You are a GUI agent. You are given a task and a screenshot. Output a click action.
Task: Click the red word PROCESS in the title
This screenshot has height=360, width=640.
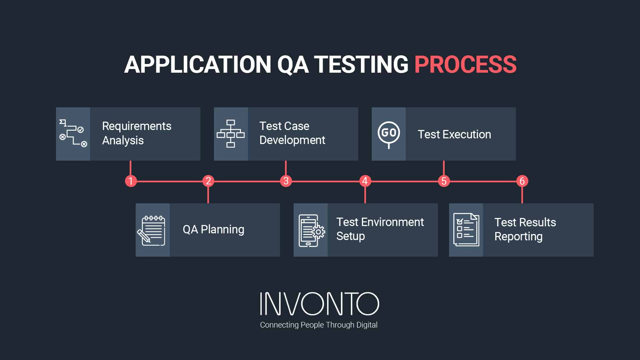coord(465,64)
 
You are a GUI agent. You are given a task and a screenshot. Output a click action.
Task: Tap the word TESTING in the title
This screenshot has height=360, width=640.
coord(361,64)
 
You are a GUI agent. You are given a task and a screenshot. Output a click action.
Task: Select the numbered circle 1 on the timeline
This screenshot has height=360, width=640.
coord(131,181)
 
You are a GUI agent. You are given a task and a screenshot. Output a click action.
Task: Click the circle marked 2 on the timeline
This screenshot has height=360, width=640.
coord(208,181)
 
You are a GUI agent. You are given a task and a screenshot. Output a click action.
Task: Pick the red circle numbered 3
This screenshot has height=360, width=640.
coord(286,181)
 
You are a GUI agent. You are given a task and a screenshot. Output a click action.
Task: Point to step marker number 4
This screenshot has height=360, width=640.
coord(365,181)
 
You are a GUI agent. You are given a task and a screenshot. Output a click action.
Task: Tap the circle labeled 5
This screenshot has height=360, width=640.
coord(444,181)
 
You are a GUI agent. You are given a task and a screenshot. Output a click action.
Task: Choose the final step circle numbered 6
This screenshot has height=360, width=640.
coord(522,181)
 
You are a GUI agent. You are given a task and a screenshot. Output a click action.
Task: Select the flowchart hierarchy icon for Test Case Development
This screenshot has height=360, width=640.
coord(231,134)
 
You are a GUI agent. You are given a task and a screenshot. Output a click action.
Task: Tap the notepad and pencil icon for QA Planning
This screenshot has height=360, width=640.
coord(152,230)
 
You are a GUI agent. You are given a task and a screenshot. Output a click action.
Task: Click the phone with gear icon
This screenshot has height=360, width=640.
coord(311,230)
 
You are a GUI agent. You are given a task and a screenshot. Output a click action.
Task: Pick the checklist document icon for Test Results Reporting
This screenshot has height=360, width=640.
coord(466,230)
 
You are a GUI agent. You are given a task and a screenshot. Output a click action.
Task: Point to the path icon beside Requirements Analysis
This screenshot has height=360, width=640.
coord(73,133)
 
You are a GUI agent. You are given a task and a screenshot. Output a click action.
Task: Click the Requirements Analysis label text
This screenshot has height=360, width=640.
coord(136,133)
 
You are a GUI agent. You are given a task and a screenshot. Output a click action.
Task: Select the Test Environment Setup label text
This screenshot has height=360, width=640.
coord(380,229)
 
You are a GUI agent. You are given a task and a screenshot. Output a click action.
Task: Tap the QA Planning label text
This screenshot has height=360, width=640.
coord(213,230)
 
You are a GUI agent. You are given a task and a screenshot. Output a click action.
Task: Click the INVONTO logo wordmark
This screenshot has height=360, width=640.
coord(319,304)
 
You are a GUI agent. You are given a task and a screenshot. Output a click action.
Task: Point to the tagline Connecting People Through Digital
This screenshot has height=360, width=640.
coord(319,325)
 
